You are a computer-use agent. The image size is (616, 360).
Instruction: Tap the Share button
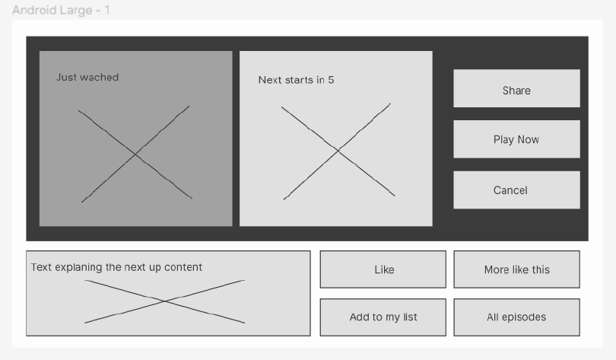point(516,88)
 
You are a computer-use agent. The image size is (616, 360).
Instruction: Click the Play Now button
point(516,139)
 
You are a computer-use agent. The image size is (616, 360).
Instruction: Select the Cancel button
point(516,190)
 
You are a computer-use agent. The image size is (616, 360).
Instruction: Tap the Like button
point(383,269)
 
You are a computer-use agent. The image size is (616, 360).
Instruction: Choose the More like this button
point(516,269)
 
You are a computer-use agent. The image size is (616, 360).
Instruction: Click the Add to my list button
point(383,317)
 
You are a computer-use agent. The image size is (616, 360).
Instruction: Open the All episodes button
point(516,317)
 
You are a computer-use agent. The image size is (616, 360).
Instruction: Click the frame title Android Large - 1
point(61,10)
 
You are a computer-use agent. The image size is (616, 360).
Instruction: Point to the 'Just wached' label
point(87,77)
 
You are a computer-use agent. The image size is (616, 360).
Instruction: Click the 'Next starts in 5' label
point(297,80)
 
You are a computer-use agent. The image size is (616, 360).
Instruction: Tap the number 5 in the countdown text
point(331,80)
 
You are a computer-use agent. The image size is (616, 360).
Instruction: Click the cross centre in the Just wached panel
point(135,154)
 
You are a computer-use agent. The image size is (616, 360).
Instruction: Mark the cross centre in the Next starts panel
point(338,151)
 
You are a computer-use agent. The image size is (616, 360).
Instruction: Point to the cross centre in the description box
point(164,301)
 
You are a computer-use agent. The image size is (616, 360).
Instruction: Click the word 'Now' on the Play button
point(528,139)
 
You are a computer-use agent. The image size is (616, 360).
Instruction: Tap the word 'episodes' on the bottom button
point(524,317)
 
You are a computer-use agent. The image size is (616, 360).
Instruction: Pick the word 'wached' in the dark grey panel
point(99,77)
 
